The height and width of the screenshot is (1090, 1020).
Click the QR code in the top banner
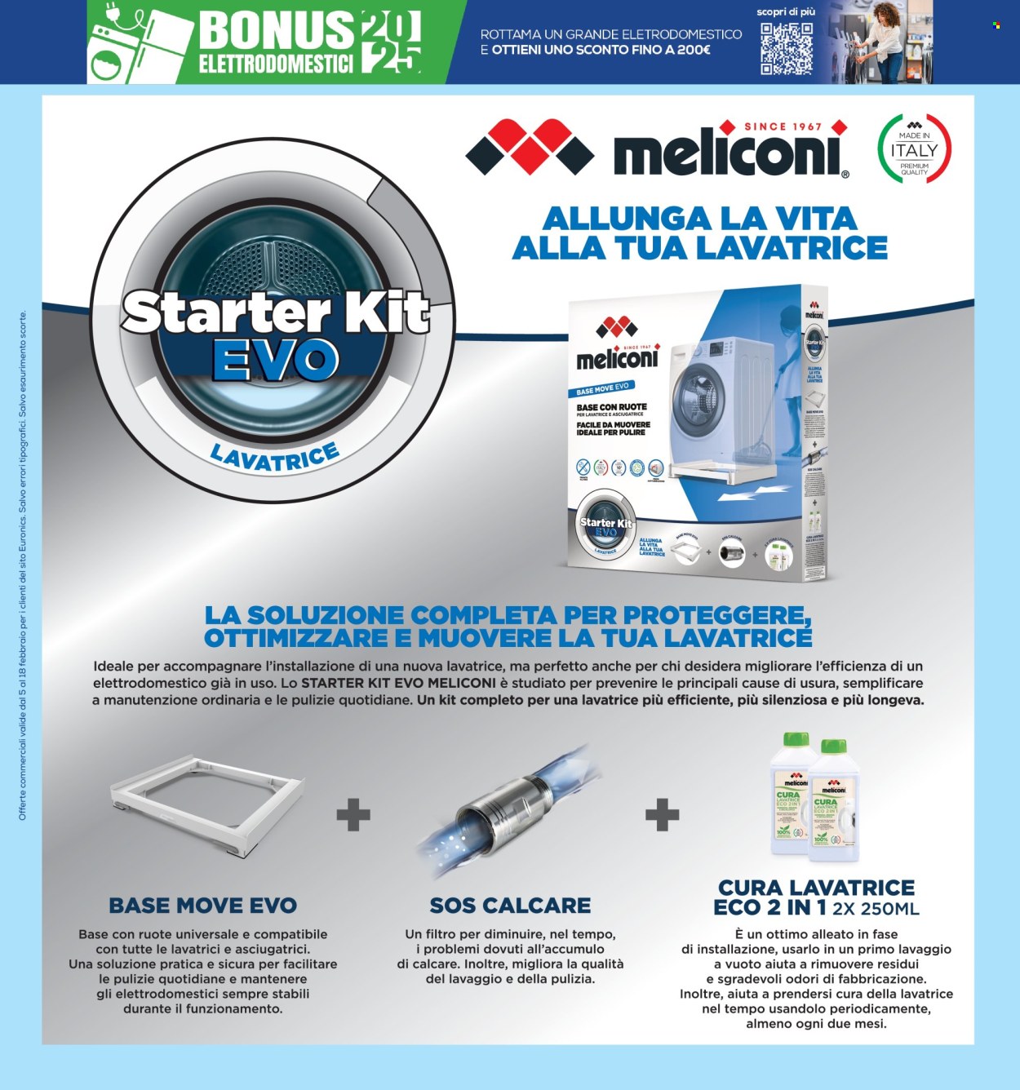(x=786, y=48)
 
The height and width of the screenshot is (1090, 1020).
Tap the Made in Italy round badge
(x=914, y=150)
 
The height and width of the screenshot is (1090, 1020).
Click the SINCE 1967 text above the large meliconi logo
(x=783, y=126)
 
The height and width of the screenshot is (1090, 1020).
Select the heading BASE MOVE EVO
(x=202, y=906)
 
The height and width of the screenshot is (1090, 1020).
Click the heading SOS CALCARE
(x=510, y=906)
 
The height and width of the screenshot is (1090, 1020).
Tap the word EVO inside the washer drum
(x=275, y=360)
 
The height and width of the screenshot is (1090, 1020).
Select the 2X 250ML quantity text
(x=876, y=909)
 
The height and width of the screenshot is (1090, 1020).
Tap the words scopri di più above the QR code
(x=786, y=12)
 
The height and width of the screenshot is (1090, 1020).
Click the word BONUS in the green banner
(x=276, y=31)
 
